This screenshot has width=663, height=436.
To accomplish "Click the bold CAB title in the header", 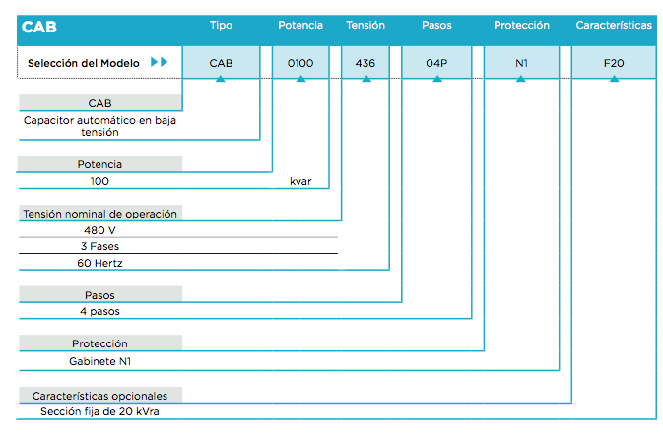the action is click(x=38, y=27).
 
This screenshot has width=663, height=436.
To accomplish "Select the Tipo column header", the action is click(x=221, y=26).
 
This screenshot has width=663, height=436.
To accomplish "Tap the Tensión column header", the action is click(x=365, y=26).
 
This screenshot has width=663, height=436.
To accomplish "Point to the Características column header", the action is click(x=614, y=26).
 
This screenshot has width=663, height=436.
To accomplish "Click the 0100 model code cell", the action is click(x=300, y=62).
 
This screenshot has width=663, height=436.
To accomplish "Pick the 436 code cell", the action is click(x=365, y=62).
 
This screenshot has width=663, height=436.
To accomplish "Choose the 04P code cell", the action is click(x=436, y=62).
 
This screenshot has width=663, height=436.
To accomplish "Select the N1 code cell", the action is click(x=521, y=62).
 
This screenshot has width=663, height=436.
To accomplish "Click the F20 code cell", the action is click(x=614, y=62).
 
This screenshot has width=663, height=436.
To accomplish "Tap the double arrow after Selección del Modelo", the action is click(x=160, y=62).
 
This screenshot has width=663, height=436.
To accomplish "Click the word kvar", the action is click(x=300, y=181).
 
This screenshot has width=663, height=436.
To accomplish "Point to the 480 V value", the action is click(x=99, y=230).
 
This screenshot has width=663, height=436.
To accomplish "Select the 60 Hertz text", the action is click(x=99, y=263).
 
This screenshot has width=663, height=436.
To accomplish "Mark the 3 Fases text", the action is click(x=99, y=246).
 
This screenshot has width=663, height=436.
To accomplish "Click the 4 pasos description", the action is click(x=99, y=311).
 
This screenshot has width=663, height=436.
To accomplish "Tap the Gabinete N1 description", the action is click(x=99, y=361).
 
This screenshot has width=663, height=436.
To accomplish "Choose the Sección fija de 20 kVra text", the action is click(x=99, y=411).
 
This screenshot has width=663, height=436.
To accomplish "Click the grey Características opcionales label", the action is click(x=100, y=395).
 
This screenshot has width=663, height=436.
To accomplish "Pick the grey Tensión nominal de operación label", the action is click(x=100, y=214).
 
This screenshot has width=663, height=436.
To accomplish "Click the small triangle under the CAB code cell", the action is click(x=221, y=79).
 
